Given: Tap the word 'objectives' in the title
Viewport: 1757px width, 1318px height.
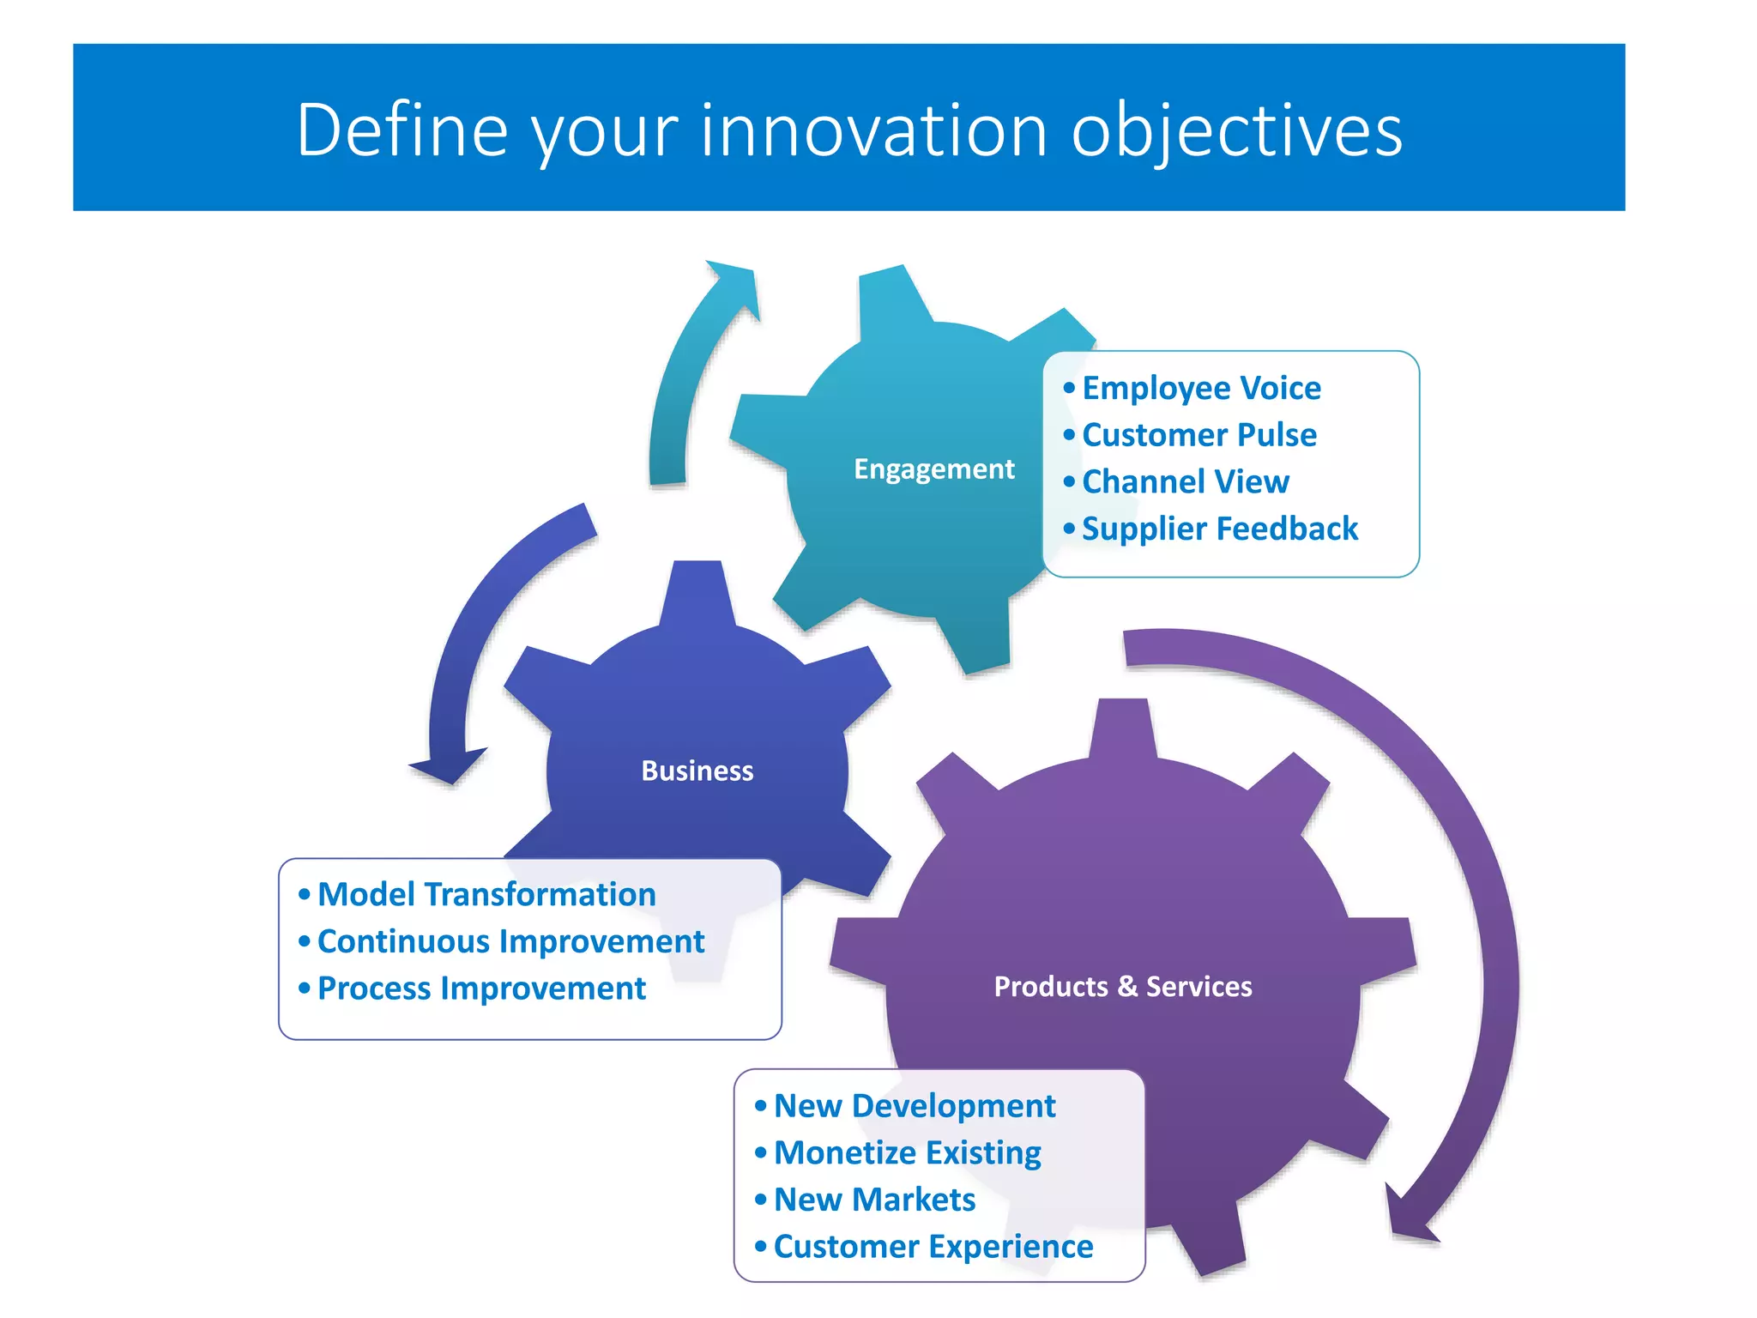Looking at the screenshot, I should pyautogui.click(x=1236, y=130).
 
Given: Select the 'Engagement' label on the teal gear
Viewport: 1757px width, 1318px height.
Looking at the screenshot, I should pyautogui.click(x=933, y=469).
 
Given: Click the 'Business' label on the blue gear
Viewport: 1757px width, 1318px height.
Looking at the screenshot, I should pyautogui.click(x=697, y=771).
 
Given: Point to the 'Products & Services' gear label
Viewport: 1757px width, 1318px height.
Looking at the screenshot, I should pyautogui.click(x=1122, y=987).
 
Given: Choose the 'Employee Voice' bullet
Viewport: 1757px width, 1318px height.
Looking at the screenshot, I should pyautogui.click(x=1200, y=389).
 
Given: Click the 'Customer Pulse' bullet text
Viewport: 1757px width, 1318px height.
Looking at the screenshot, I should pyautogui.click(x=1199, y=435).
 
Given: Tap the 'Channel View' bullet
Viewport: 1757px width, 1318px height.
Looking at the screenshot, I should pyautogui.click(x=1185, y=482).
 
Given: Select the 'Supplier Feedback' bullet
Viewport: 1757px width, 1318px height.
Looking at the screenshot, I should pyautogui.click(x=1219, y=529).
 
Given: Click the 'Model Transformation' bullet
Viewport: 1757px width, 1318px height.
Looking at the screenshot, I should pyautogui.click(x=486, y=895).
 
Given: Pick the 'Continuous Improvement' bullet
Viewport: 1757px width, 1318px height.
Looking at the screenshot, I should pyautogui.click(x=510, y=942).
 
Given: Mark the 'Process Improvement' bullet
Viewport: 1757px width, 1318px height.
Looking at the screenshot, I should pyautogui.click(x=481, y=988).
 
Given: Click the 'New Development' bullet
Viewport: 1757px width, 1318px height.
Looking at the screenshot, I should pyautogui.click(x=914, y=1106).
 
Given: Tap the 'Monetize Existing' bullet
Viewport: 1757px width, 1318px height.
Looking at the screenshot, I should pyautogui.click(x=907, y=1153).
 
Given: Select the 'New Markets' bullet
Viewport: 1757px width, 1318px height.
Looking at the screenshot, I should pyautogui.click(x=874, y=1200).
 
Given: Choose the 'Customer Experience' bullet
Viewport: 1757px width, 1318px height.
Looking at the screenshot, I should pyautogui.click(x=933, y=1247).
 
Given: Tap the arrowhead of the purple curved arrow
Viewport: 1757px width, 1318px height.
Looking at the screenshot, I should pyautogui.click(x=1408, y=1218).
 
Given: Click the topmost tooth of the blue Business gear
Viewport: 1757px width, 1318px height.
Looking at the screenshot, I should pyautogui.click(x=697, y=592).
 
